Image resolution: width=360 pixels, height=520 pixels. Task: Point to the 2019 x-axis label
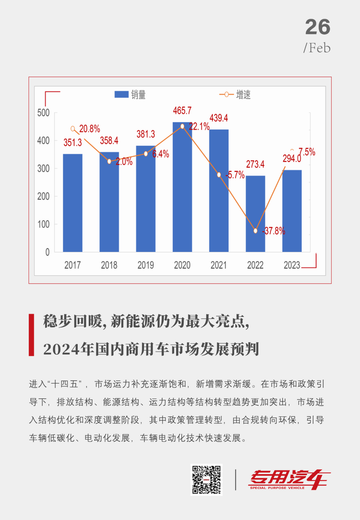[146, 265]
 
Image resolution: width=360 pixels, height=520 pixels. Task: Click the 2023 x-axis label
[292, 265]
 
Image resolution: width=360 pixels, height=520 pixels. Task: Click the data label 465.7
[183, 111]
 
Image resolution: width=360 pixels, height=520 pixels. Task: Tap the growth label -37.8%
[273, 231]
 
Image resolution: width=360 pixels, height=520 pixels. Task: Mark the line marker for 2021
[219, 175]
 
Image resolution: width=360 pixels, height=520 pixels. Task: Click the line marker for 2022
[256, 230]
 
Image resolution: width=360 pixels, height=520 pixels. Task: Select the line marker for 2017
[73, 129]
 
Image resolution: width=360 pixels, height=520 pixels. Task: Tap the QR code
[206, 480]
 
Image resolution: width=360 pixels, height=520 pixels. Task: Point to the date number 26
[317, 27]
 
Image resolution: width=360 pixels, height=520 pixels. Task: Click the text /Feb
[317, 48]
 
